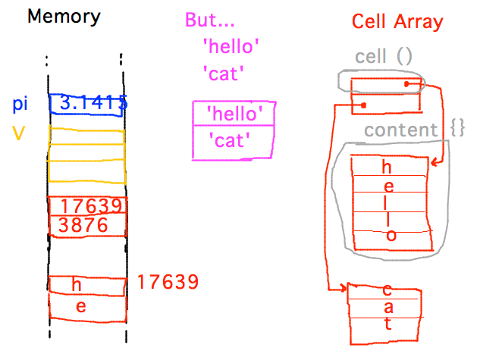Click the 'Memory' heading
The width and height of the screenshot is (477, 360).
64,17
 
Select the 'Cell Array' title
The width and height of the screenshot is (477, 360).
397,21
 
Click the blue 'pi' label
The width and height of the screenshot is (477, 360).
21,104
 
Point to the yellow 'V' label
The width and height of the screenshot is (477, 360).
18,133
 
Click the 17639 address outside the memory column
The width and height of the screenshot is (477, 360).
168,283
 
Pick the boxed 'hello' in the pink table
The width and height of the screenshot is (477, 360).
234,114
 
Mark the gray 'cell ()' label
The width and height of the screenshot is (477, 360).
383,57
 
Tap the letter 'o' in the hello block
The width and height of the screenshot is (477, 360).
390,236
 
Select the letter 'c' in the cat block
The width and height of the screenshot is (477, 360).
388,290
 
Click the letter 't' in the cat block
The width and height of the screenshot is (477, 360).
388,324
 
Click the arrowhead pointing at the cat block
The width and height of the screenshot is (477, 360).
344,289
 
